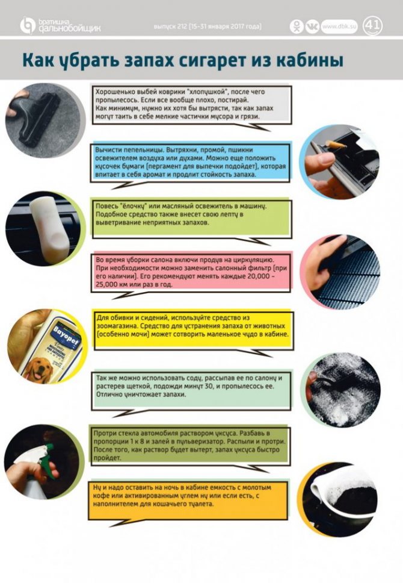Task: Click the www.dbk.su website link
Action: click(339, 26)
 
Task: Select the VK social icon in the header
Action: click(312, 26)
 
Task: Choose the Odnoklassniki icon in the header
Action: click(297, 26)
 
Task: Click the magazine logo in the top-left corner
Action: click(60, 26)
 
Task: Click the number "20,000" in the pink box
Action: click(260, 276)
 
